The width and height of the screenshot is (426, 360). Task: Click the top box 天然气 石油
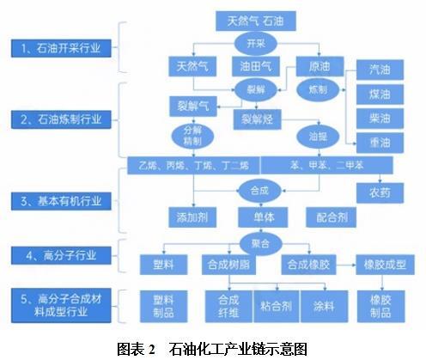click(x=256, y=21)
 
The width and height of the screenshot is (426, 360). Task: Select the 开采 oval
click(x=256, y=44)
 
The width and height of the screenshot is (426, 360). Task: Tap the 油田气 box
click(x=256, y=67)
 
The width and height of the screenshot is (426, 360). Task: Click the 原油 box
click(x=319, y=67)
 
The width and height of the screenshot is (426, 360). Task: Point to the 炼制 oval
click(x=318, y=90)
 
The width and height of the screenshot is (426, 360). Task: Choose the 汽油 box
click(x=380, y=70)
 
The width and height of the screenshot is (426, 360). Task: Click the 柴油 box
click(x=380, y=119)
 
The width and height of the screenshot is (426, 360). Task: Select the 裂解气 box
click(x=193, y=107)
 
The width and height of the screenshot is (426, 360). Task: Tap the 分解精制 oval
click(x=192, y=136)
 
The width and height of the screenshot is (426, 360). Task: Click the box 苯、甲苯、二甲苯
click(x=327, y=165)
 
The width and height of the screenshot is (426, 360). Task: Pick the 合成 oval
click(x=259, y=191)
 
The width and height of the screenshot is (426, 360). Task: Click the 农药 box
click(x=380, y=193)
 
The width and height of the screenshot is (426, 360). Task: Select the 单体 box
click(x=263, y=217)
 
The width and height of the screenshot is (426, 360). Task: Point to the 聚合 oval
click(x=260, y=244)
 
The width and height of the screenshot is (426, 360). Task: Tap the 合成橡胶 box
click(x=308, y=265)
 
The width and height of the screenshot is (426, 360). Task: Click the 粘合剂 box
click(x=277, y=307)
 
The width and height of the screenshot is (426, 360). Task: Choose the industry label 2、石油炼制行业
click(x=61, y=119)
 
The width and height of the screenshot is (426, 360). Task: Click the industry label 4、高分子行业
click(x=61, y=255)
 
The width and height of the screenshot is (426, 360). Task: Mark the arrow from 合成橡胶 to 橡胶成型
click(x=346, y=265)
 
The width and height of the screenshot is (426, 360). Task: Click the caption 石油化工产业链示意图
click(x=238, y=349)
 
